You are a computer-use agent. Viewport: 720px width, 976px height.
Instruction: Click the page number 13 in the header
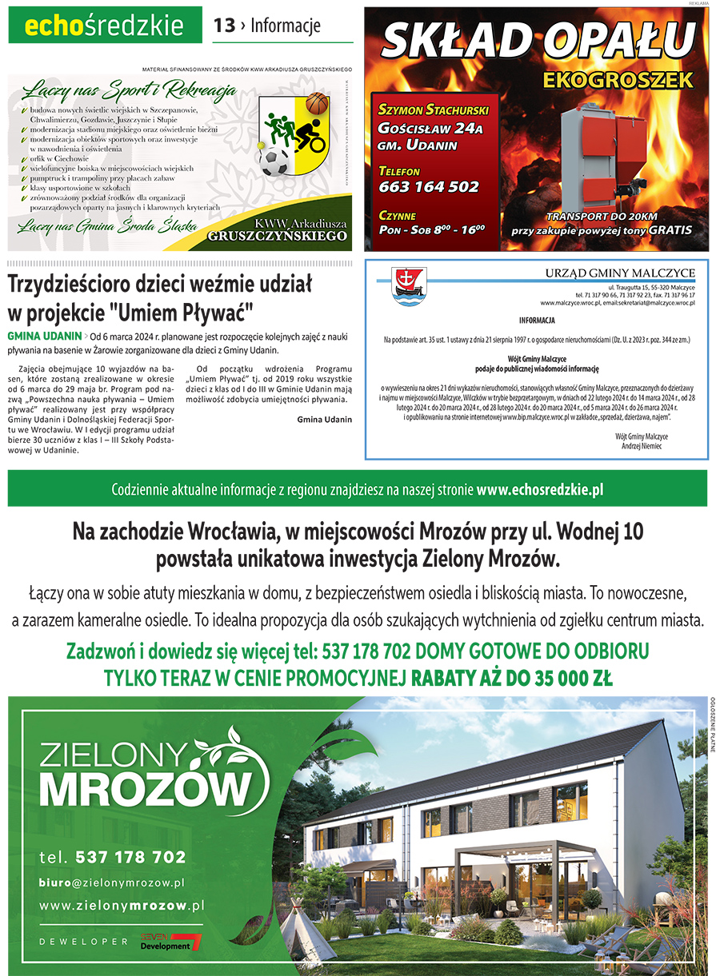[x=224, y=26]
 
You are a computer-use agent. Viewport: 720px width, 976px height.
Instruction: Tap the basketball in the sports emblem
[x=317, y=104]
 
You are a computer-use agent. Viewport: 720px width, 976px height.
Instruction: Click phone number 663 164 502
[x=429, y=187]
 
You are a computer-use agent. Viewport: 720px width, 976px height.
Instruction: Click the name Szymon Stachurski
[x=433, y=110]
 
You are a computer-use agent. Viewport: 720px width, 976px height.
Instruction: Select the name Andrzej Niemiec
[x=642, y=446]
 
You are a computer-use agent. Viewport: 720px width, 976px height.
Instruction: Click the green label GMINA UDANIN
[x=45, y=335]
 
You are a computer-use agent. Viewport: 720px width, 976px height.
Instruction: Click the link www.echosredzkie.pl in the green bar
[x=539, y=488]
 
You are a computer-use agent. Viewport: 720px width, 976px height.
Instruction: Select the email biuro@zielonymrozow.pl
[x=112, y=882]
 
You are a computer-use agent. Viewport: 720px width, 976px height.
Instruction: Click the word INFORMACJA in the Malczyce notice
[x=536, y=320]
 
